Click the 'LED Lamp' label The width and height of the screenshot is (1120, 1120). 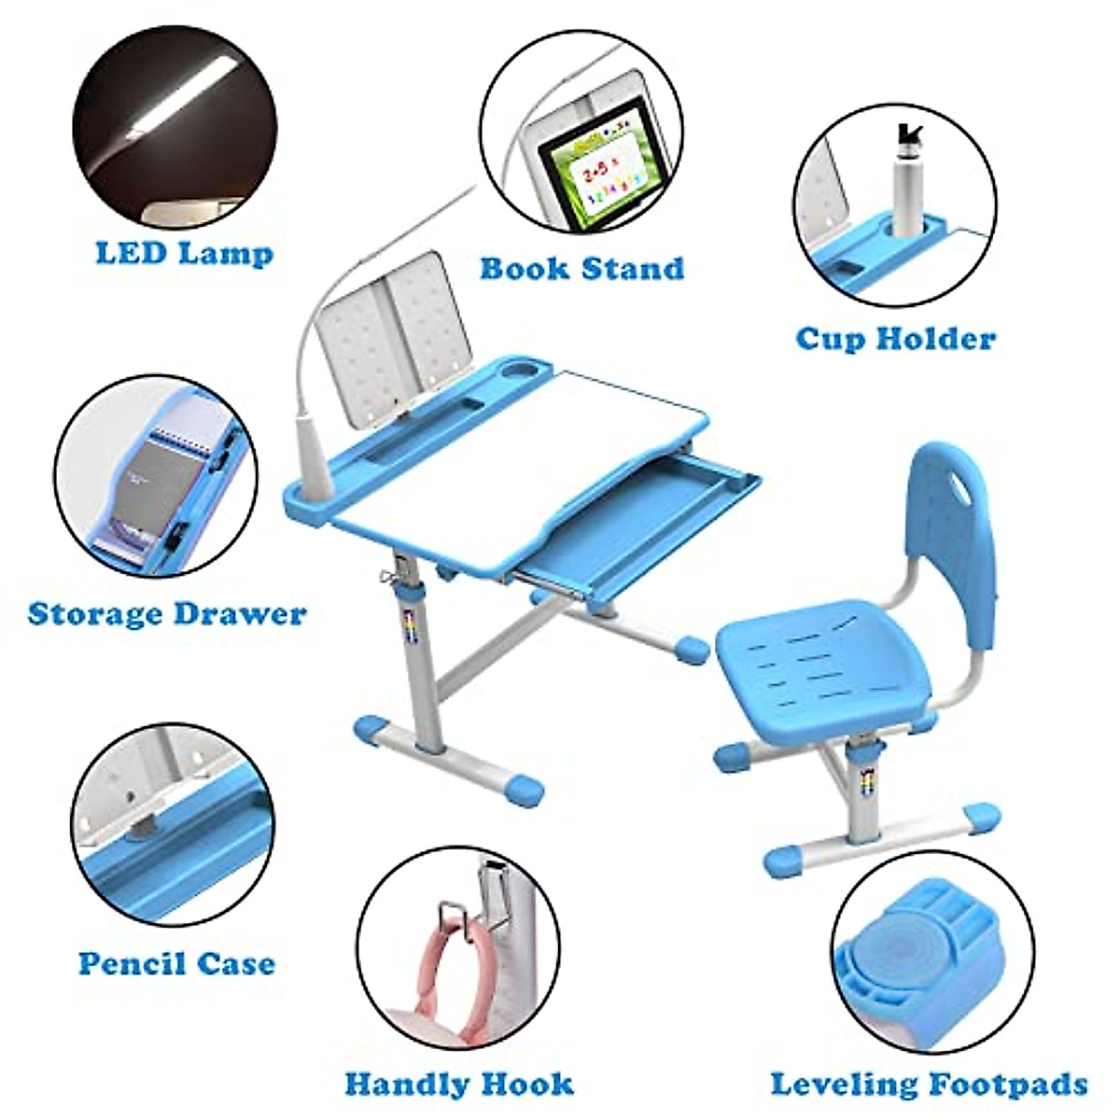184,253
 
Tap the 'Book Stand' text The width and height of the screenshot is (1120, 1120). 581,269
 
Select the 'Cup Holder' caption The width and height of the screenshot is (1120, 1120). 895,338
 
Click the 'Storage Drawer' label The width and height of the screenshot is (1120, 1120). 167,614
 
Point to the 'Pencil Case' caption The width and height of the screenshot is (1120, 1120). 176,963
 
